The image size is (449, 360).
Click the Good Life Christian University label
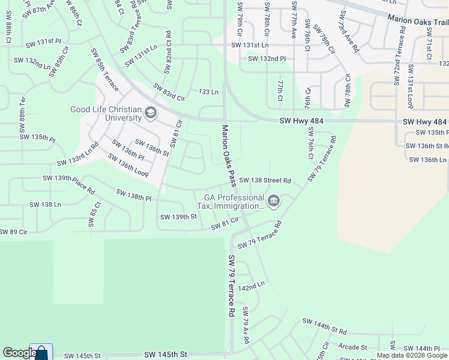[105, 114]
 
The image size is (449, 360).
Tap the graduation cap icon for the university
[150, 112]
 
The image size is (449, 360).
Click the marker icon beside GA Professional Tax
[274, 201]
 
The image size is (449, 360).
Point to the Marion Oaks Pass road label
[228, 155]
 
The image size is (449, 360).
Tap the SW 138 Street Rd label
[265, 180]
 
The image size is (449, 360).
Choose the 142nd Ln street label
[251, 287]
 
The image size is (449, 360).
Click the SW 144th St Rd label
[325, 326]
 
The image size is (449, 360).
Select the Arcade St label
[352, 347]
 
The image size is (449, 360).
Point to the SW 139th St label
[178, 217]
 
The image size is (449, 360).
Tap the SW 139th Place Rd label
[68, 184]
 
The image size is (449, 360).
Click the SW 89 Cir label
[13, 232]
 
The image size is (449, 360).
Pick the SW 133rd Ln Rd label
[77, 155]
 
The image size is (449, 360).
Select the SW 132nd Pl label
[267, 59]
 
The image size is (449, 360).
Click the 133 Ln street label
[208, 91]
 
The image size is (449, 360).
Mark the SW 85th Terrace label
[104, 70]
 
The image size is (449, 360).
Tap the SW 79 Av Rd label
[245, 325]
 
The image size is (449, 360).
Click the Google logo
[19, 353]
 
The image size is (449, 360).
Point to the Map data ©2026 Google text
[412, 355]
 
